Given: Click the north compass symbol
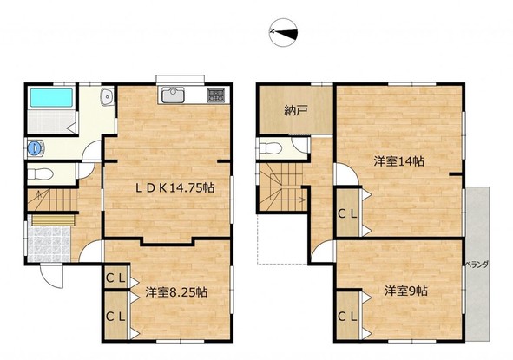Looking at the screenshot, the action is pos(283,32).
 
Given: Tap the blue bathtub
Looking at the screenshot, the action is pos(51,97).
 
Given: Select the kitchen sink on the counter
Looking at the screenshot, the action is pos(173,95).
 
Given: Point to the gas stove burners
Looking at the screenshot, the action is pos(216,95).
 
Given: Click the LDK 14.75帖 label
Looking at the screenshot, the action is pos(175,187).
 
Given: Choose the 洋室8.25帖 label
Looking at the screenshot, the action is pos(176,292).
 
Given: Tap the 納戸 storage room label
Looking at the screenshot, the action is pos(295,110).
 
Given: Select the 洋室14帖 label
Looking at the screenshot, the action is pos(398,161).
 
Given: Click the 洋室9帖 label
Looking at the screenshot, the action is pos(405,291).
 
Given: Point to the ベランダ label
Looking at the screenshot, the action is pos(477,265).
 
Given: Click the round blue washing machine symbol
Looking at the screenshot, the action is pos(35,148).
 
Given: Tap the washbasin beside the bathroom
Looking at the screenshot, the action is pos(108,96).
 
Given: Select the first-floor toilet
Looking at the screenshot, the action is pos(40,173).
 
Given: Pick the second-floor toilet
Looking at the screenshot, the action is pos(270,148).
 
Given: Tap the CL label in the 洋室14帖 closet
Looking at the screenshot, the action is pos(347,214).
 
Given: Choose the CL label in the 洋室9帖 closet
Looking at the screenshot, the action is pos(347,317).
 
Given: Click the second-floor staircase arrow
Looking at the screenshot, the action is pos(288,200).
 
